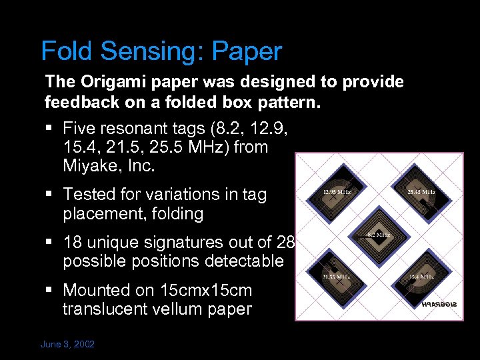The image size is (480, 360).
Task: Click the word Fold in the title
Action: [65, 51]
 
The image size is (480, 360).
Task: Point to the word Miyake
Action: [94, 167]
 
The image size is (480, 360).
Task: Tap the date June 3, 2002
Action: [68, 345]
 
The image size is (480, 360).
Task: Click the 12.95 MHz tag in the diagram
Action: [336, 193]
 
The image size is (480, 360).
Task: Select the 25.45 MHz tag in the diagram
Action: [421, 193]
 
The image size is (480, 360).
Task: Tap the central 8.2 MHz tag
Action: [379, 235]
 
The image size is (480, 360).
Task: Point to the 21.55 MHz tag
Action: [336, 276]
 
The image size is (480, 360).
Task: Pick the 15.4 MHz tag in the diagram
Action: [421, 276]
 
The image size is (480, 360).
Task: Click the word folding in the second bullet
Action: [178, 214]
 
